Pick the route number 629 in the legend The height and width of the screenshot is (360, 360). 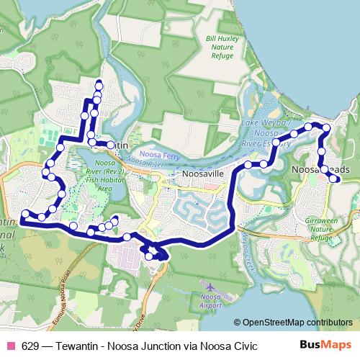pos(30,346)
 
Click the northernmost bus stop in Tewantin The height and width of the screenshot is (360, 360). pos(99,86)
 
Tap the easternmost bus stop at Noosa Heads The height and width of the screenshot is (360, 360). pos(336,179)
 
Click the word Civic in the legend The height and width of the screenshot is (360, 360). pos(243,346)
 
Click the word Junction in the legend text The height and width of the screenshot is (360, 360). pos(159,346)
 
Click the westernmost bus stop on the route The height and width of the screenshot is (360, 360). pos(26,213)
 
